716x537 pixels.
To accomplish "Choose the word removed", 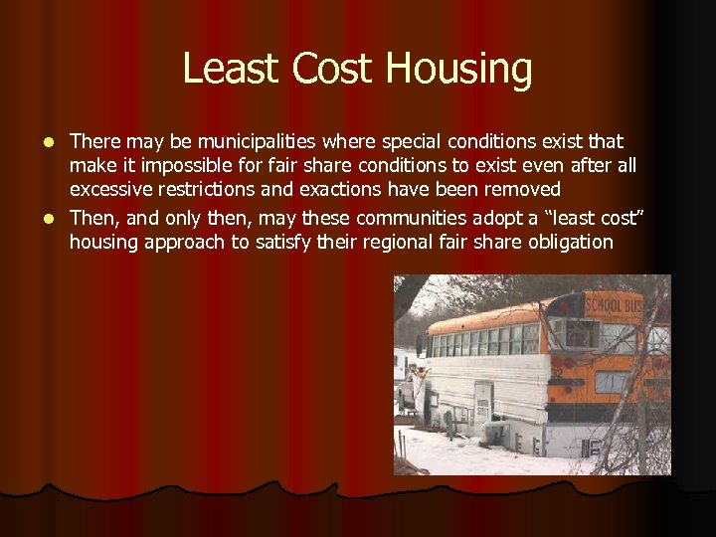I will [x=524, y=189].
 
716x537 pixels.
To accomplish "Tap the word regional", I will [x=378, y=241].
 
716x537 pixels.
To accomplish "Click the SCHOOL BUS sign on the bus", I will [x=614, y=305].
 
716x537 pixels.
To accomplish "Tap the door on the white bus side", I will [x=483, y=403].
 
